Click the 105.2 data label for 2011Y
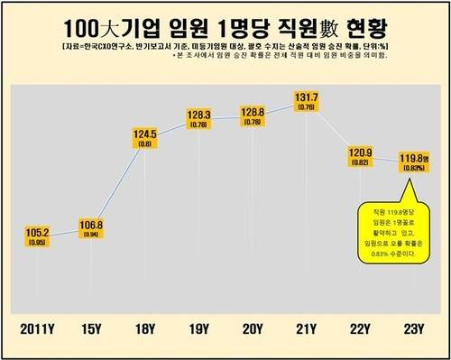[36, 233]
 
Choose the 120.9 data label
[361, 153]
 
